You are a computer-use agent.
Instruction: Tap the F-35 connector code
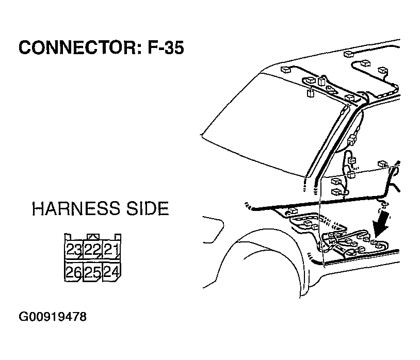tap(166, 47)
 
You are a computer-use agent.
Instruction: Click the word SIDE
tap(148, 208)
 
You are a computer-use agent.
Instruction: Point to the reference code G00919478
tap(53, 317)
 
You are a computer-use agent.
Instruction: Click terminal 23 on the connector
tap(74, 250)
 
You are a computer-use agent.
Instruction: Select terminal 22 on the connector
tap(92, 250)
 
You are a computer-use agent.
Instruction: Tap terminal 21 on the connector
tap(111, 250)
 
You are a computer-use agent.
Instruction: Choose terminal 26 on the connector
tap(74, 272)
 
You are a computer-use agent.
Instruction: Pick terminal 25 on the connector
tap(92, 272)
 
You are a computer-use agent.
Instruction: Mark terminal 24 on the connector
tap(111, 272)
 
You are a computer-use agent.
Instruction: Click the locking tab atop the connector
tap(93, 237)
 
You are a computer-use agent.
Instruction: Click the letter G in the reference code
tap(23, 317)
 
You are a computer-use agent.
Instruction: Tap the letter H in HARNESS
tap(38, 208)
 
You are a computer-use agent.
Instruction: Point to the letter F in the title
tap(152, 47)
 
